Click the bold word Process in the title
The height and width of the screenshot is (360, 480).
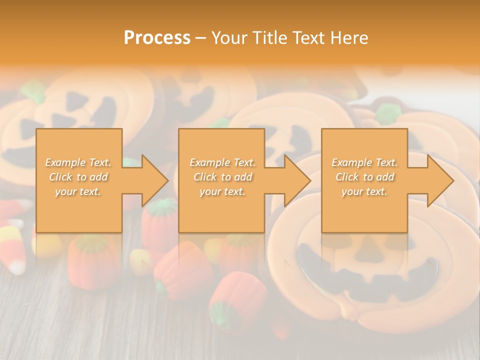click(x=157, y=38)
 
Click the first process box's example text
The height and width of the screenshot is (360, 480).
click(x=78, y=177)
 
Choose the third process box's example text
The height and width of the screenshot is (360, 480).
click(x=364, y=177)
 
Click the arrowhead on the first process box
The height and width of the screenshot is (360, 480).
click(x=150, y=180)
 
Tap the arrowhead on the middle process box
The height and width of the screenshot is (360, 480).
click(x=293, y=180)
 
